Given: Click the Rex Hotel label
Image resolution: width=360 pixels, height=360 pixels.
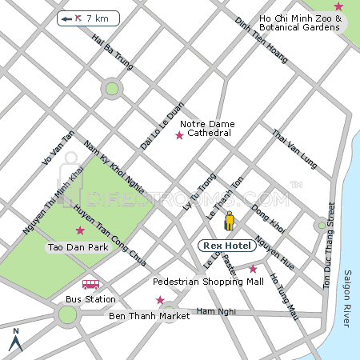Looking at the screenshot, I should coord(226,246).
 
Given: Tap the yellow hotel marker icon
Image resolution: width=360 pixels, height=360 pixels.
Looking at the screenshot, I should coord(230,221).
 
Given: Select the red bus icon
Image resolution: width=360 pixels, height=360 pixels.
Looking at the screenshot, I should coord(90,284).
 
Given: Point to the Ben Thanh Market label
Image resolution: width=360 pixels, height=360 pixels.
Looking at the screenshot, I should coord(149,316).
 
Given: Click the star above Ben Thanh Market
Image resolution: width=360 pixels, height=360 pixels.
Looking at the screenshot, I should coord(160,300).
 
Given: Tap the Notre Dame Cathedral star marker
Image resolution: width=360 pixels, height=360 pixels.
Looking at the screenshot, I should coord(179,135).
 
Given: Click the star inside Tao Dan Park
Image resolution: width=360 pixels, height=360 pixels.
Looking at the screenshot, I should coord(79,230).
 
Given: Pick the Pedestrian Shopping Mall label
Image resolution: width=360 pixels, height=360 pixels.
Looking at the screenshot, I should coord(208,282).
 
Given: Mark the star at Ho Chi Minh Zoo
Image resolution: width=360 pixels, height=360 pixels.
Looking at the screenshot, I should coord(338,6).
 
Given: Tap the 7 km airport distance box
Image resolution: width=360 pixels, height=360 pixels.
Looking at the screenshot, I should coord(88,18).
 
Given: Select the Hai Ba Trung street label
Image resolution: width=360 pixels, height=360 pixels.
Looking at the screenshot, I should coord(112,49).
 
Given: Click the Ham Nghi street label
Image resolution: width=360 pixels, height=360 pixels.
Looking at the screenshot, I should coord(212,310).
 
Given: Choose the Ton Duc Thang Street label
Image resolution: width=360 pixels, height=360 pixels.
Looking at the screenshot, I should coord(327,252).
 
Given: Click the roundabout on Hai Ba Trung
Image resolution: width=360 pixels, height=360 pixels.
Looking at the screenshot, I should coord(112,89).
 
